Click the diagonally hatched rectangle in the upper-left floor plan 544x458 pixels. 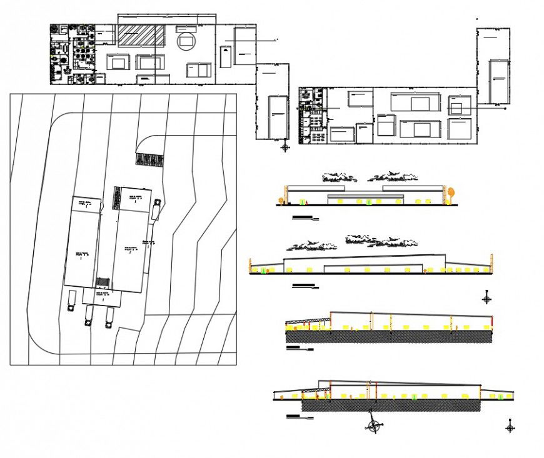coord(141,36)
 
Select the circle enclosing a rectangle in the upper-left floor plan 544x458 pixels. coord(186,42)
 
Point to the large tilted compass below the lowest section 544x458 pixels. coord(374,426)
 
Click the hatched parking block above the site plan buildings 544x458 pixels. coord(149,160)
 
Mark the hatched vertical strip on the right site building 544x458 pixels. coord(116,198)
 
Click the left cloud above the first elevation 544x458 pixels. coord(340,178)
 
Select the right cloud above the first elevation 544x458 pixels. coord(393,177)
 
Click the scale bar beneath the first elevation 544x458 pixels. coord(305,218)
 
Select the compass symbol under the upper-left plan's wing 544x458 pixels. coord(286,147)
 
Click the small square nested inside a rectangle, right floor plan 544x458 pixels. coord(456,108)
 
